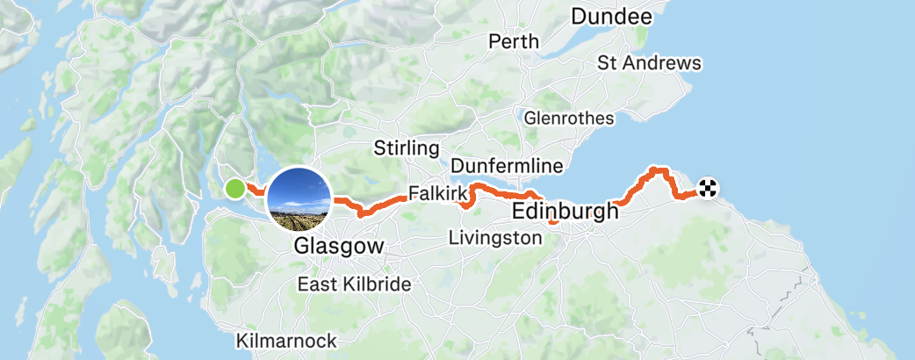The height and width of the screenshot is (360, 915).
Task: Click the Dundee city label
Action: click(611, 17)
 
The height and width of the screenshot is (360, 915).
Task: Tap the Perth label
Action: click(508, 41)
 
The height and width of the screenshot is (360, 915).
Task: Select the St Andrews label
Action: click(649, 63)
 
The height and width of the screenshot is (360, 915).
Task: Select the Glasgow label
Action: click(339, 246)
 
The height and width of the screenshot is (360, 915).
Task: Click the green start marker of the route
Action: click(235, 188)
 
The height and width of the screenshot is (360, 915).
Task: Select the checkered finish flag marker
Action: click(708, 187)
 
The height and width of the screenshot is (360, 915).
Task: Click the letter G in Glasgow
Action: click(303, 246)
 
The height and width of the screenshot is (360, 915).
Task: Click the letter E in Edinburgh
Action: click(518, 212)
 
